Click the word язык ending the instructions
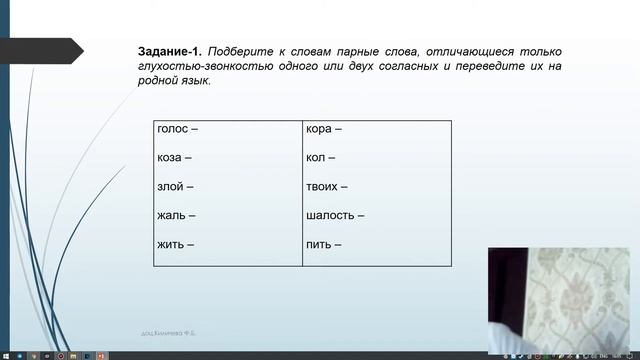(x=196, y=81)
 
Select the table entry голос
(x=174, y=129)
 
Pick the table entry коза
(x=171, y=158)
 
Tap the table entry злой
(x=171, y=186)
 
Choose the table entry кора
(x=320, y=129)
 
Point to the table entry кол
(x=317, y=158)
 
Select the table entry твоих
(x=324, y=186)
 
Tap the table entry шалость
(x=331, y=215)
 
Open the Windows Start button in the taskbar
(x=5, y=355)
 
